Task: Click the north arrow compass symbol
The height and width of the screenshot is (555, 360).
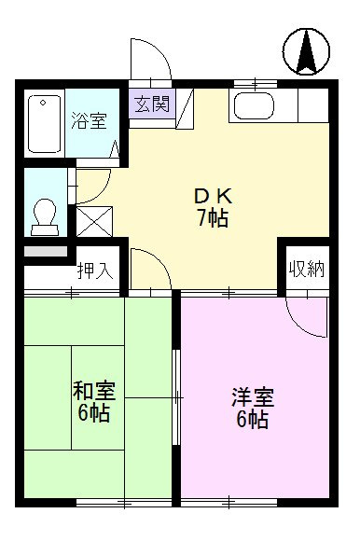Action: pos(306,51)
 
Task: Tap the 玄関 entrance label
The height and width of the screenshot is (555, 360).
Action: pos(152,104)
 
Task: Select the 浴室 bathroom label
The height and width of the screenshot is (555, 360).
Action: pos(89,120)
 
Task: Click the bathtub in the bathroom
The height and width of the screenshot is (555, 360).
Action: pos(44,124)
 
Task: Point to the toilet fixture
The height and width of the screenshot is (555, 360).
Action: pos(45,217)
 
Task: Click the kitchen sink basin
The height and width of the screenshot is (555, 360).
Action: pos(255,105)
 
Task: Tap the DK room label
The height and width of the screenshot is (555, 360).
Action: pos(214,197)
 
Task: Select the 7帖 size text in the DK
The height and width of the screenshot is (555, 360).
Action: pos(213,217)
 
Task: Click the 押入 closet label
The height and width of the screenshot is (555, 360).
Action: pos(95,271)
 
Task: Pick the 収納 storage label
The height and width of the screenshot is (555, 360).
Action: pos(307,270)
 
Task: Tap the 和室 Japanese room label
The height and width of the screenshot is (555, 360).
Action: pos(94,390)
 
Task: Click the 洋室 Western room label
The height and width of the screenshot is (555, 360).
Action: pos(253,397)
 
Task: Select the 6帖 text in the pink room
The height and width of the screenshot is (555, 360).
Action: pos(252,420)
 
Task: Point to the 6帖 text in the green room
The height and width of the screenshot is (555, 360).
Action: pos(94,412)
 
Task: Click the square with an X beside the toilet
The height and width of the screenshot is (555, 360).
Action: pos(94,222)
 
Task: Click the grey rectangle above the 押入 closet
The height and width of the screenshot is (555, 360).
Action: pos(46,251)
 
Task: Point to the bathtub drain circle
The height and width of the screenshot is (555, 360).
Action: pos(43,103)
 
